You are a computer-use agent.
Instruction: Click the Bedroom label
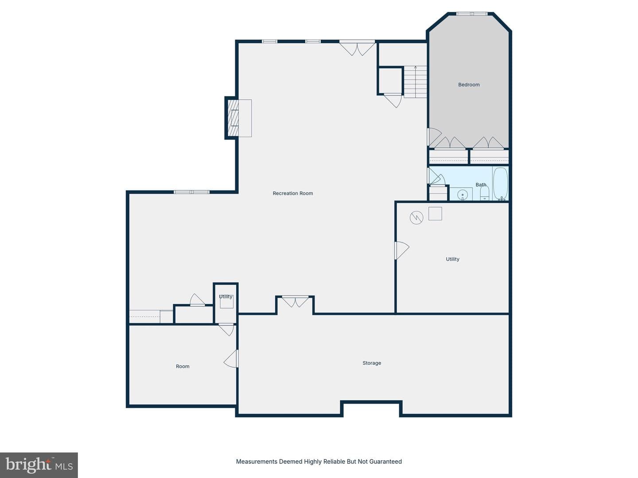[469, 85]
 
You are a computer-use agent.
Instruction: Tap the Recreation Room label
[293, 193]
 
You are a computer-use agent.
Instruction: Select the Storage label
[371, 363]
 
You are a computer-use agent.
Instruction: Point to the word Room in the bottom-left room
[183, 366]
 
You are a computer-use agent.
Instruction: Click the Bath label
[481, 185]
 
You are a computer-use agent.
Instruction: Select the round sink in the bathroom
[462, 194]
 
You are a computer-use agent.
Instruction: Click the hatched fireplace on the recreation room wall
[233, 118]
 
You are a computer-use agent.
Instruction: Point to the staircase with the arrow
[415, 82]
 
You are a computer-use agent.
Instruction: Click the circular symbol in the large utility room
[416, 218]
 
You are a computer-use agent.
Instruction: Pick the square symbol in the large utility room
[435, 214]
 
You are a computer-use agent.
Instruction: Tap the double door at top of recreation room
[357, 48]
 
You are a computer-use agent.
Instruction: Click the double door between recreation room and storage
[296, 301]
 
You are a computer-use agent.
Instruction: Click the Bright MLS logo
[39, 465]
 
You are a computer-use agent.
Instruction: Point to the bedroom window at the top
[471, 14]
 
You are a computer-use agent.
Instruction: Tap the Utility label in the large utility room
[452, 259]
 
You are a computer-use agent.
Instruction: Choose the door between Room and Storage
[231, 358]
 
